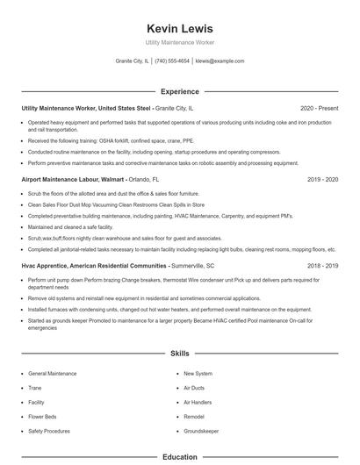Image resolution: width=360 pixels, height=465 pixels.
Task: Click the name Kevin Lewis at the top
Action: (x=179, y=28)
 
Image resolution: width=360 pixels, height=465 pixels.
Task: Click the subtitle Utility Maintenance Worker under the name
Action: (x=179, y=42)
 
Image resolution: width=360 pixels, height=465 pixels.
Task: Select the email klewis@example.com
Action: (x=220, y=61)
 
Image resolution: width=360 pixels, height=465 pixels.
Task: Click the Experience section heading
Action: (x=179, y=91)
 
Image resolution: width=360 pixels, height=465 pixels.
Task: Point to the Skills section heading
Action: (x=179, y=354)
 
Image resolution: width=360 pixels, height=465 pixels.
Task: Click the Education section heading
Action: (x=179, y=457)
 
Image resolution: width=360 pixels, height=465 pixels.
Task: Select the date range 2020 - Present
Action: (x=319, y=108)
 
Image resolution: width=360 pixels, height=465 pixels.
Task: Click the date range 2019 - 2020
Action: (x=322, y=179)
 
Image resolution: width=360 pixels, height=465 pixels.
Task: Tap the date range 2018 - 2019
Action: (x=322, y=265)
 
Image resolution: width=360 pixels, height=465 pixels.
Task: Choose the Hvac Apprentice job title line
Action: (x=118, y=265)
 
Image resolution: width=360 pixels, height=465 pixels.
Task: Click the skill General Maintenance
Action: (x=53, y=374)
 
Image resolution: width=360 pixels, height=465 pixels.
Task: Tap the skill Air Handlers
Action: (x=199, y=403)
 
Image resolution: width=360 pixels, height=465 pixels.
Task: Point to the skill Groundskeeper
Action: (x=202, y=432)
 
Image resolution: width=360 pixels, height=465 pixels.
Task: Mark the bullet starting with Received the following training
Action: (x=110, y=139)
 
